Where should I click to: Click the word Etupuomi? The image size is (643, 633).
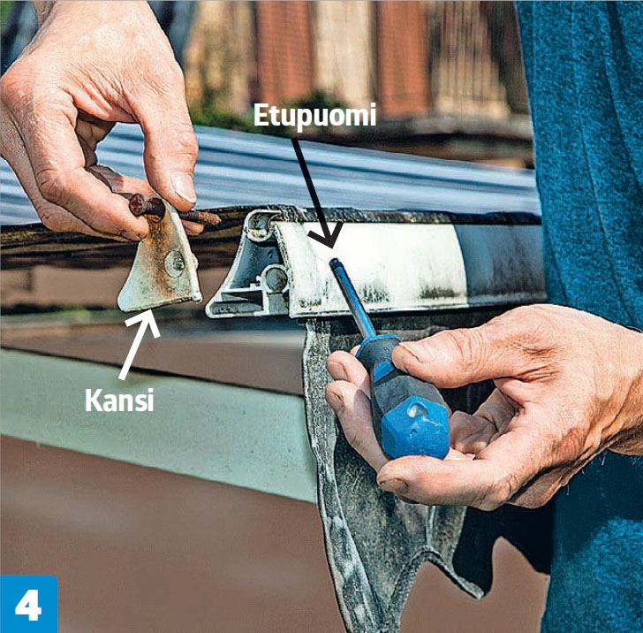tap(314, 116)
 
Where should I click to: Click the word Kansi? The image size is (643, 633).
tap(119, 400)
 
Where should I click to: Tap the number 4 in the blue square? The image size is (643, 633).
tap(28, 605)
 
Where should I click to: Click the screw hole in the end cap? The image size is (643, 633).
tap(175, 263)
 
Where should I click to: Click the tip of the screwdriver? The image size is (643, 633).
tap(334, 263)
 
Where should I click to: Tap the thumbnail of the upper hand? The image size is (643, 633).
tap(184, 187)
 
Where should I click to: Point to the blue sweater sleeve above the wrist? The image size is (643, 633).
tap(591, 164)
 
